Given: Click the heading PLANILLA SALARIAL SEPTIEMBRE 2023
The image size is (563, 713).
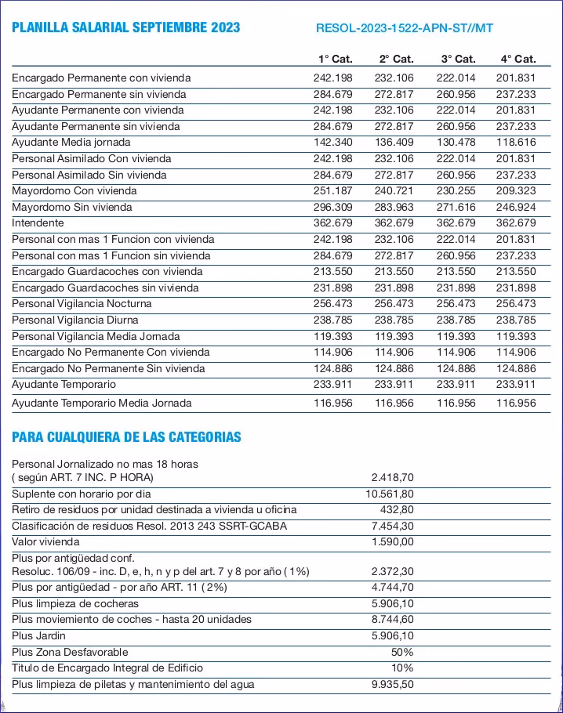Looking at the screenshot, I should pyautogui.click(x=126, y=28).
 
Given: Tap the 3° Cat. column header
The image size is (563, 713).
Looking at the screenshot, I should pyautogui.click(x=458, y=59).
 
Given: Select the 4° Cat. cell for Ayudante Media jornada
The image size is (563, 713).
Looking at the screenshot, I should pyautogui.click(x=516, y=143).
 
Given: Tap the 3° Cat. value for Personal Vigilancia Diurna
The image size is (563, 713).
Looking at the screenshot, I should pyautogui.click(x=456, y=320).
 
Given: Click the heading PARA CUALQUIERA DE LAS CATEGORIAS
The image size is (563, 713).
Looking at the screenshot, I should pyautogui.click(x=126, y=436).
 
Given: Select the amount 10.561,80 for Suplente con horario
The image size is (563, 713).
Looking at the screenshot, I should pyautogui.click(x=390, y=494).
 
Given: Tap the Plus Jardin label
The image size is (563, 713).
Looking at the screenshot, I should pyautogui.click(x=38, y=636).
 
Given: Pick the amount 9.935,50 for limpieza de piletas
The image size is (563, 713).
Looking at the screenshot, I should pyautogui.click(x=393, y=685).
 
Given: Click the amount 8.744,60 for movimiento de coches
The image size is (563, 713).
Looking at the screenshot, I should pyautogui.click(x=393, y=620).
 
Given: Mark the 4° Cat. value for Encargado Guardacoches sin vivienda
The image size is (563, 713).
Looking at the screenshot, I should pyautogui.click(x=516, y=288).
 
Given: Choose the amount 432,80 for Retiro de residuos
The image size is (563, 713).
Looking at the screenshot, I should pyautogui.click(x=398, y=510).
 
